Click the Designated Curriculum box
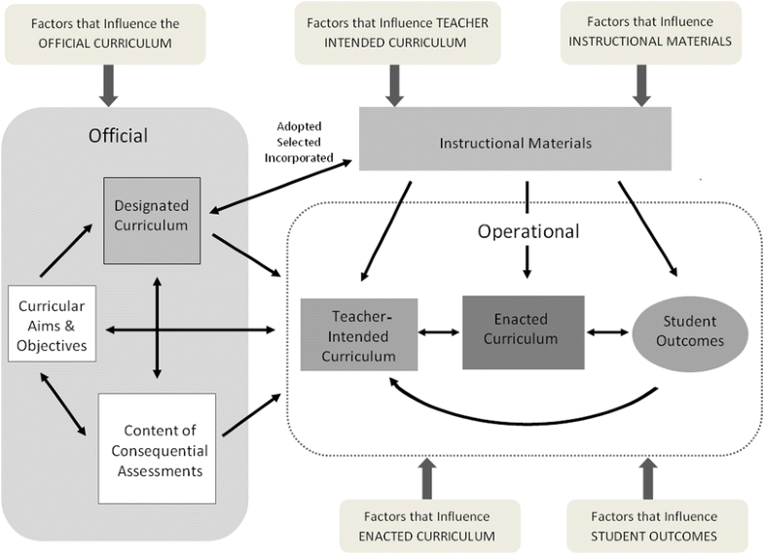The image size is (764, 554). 152,220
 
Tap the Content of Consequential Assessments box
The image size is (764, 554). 156,450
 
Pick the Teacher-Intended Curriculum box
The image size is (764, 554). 359,334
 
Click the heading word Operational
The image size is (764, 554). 528,231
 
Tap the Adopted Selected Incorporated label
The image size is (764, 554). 300,142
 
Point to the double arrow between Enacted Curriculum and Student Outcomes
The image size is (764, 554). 606,332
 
